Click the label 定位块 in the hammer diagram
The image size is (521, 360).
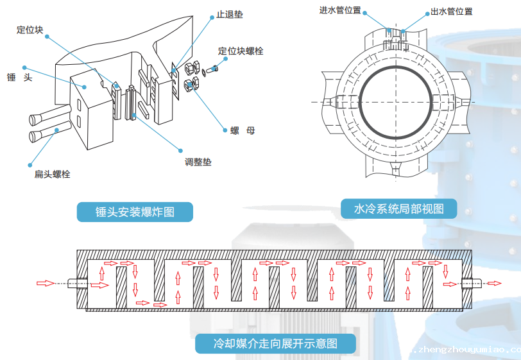click(x=30, y=29)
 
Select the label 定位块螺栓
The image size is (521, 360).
click(x=241, y=51)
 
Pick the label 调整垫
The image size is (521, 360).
click(x=198, y=162)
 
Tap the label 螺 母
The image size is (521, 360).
click(x=243, y=130)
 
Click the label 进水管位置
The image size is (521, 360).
click(x=339, y=11)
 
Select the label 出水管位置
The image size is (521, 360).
click(x=451, y=12)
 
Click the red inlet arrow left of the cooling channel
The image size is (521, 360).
click(x=46, y=283)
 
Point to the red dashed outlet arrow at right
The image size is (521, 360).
click(x=494, y=283)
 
